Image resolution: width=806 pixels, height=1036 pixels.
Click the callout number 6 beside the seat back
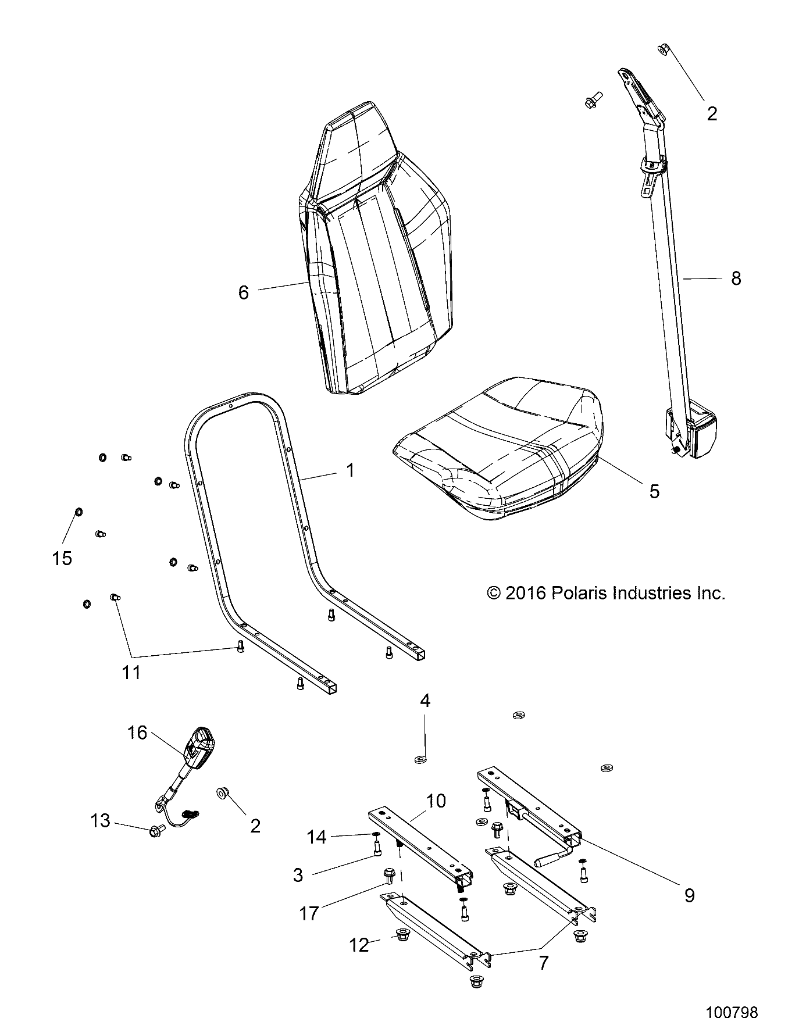click(243, 292)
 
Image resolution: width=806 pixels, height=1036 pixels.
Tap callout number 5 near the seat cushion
click(654, 491)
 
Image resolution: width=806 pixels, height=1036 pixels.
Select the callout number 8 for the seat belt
click(736, 278)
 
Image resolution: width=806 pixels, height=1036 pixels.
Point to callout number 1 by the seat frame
click(349, 470)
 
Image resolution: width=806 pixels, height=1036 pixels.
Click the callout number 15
click(62, 558)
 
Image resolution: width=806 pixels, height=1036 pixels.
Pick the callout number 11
click(131, 673)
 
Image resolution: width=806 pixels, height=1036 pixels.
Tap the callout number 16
click(137, 733)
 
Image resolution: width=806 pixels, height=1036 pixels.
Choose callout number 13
click(100, 821)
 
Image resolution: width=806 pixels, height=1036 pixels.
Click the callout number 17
click(309, 913)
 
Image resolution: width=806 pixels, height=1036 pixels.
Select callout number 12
click(359, 945)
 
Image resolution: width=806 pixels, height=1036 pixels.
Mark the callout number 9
click(689, 895)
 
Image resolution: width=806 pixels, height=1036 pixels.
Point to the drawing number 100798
click(732, 1013)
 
